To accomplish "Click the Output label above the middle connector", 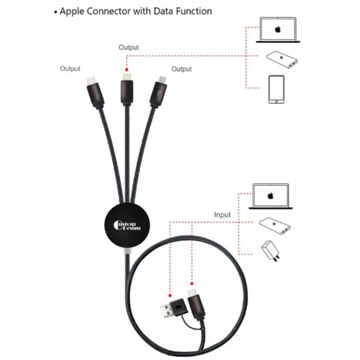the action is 129,47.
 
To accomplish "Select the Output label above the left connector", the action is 70,68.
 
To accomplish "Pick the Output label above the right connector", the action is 181,69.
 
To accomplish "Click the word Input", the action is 222,215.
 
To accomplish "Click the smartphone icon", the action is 276,89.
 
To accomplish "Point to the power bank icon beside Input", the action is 273,226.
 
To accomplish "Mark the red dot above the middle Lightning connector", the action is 127,69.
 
